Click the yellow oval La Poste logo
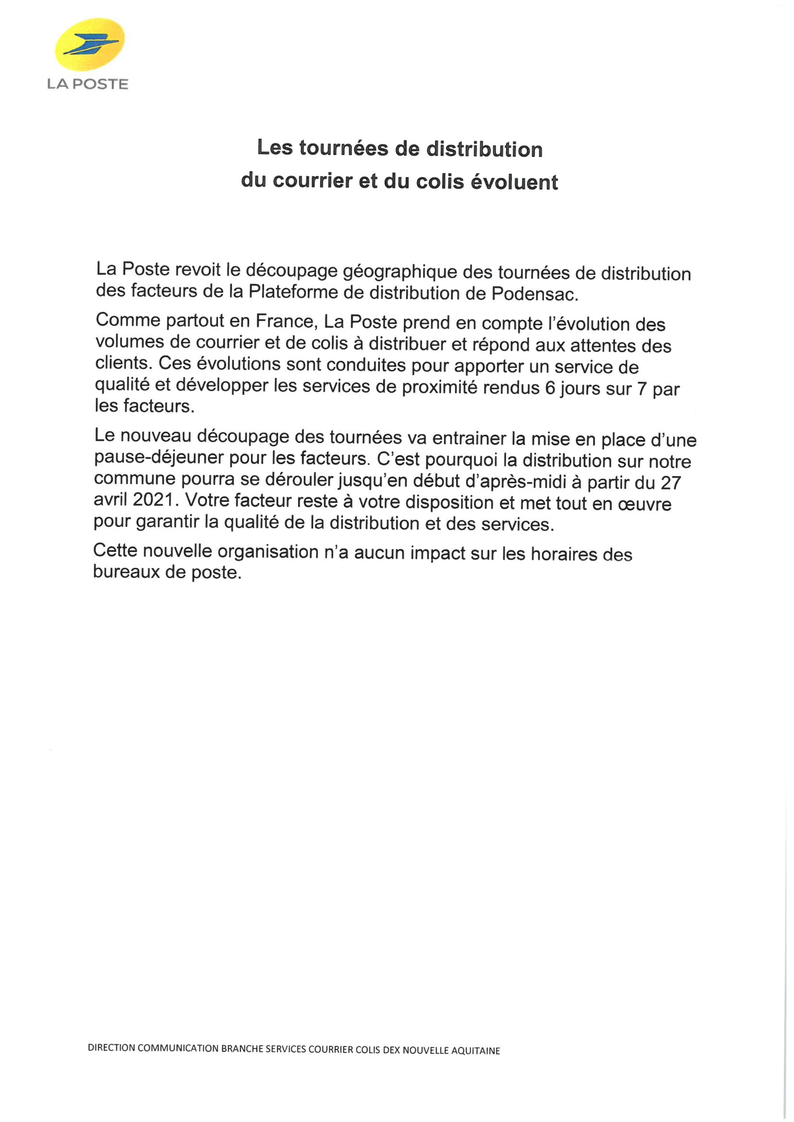[x=89, y=44]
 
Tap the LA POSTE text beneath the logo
[x=88, y=84]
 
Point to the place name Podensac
[x=534, y=294]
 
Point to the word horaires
[x=565, y=554]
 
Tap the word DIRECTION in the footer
[x=111, y=1048]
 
